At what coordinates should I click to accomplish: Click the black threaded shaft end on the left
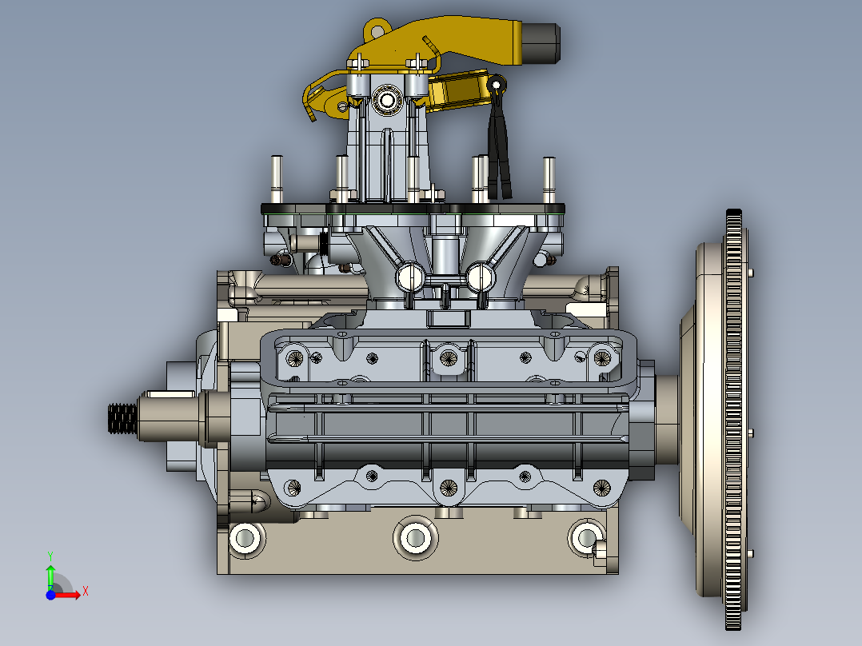click(122, 418)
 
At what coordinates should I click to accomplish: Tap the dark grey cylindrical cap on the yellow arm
click(541, 43)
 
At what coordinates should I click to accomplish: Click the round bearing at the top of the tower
click(387, 100)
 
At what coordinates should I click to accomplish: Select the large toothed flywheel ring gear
click(734, 420)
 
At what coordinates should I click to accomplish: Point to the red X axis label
click(86, 592)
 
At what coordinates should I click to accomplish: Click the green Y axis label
click(50, 556)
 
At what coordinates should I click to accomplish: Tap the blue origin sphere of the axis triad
click(50, 595)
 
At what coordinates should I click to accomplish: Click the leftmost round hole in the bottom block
click(245, 538)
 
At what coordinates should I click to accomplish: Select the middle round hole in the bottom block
click(416, 538)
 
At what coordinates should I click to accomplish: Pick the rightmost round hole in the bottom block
click(585, 537)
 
